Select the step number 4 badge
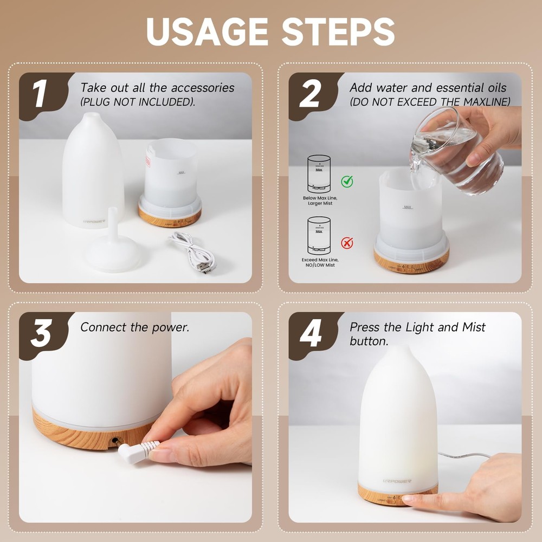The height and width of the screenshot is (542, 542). point(309,334)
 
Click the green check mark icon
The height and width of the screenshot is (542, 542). point(347,181)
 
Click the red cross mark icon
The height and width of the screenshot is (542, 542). point(347,242)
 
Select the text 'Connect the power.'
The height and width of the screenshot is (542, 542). point(135,327)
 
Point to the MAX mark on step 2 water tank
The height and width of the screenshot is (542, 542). point(407,207)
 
